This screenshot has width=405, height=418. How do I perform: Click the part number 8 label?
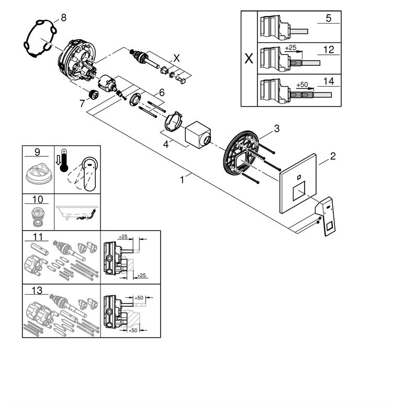(x=64, y=18)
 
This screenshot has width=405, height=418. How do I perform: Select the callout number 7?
(x=82, y=103)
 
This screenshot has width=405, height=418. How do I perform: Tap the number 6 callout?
(x=162, y=92)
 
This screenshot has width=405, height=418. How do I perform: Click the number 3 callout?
(x=277, y=128)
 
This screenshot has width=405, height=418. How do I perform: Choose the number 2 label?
(x=333, y=156)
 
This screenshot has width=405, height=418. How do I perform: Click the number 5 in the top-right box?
(x=329, y=18)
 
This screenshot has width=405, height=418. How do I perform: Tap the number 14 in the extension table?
(x=329, y=82)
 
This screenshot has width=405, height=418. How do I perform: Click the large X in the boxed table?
(x=249, y=58)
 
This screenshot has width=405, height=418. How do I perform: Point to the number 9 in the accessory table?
(x=37, y=153)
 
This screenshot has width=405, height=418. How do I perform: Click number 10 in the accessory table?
(x=37, y=200)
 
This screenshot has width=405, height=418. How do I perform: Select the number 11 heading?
(x=37, y=237)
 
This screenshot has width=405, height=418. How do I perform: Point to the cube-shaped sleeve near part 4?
(x=198, y=135)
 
